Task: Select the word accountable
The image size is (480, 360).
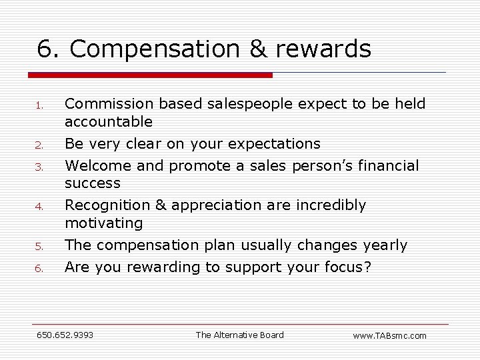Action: [x=109, y=122]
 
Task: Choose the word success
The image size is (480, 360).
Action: [x=93, y=183]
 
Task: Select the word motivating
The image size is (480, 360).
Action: [x=104, y=223]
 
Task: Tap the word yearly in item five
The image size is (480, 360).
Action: [x=385, y=245]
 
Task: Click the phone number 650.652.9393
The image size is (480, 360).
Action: [x=65, y=335]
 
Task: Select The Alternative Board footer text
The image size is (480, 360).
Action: [x=239, y=335]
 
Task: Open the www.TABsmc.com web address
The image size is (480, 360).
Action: [x=389, y=335]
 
